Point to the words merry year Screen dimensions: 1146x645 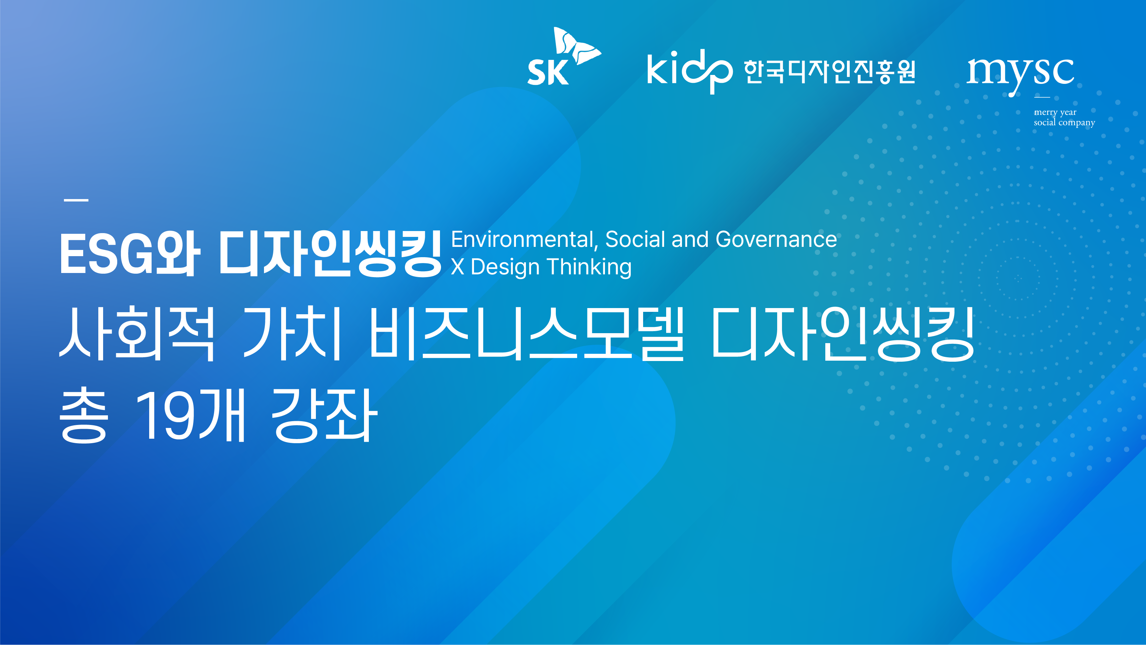point(1055,112)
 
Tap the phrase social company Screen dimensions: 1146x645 point(1064,122)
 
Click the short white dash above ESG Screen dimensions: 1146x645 point(76,200)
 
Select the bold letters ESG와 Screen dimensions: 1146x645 point(130,254)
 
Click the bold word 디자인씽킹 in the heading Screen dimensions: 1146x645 point(330,254)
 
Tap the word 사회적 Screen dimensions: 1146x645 point(137,333)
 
